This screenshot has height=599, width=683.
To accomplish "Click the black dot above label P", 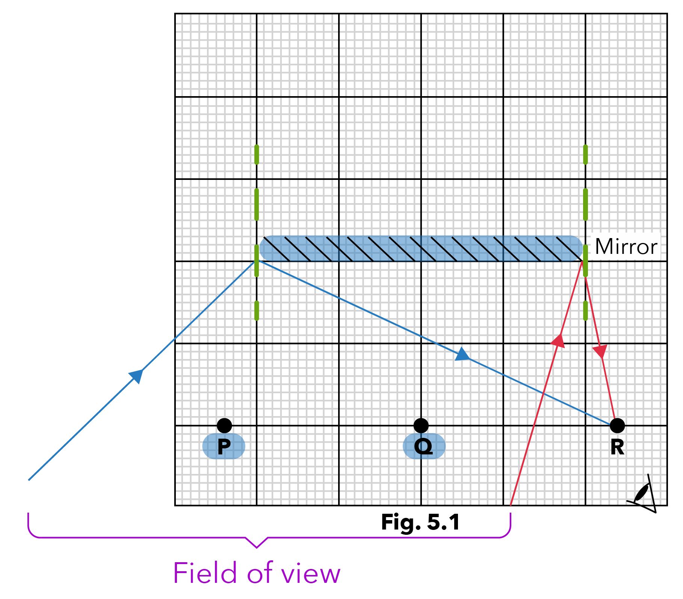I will [224, 425].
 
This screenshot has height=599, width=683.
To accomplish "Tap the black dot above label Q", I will [421, 425].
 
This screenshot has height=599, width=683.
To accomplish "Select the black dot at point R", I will [617, 425].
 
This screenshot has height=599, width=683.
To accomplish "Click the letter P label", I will [224, 447].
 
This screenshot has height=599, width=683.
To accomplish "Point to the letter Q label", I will [423, 447].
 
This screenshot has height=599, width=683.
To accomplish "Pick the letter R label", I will [617, 447].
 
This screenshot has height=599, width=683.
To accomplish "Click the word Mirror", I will [626, 247].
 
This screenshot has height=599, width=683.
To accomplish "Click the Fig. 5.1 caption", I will [420, 522].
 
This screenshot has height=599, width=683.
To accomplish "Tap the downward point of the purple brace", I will [257, 547].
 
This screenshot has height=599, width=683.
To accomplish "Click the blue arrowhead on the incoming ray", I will [136, 376].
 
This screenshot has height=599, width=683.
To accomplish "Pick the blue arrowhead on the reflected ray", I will [462, 355].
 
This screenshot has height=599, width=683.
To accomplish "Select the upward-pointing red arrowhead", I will [558, 341].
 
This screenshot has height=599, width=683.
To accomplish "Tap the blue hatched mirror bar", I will [421, 248].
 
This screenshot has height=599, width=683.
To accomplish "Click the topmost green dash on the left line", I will [257, 154].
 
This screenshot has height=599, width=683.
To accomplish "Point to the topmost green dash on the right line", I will [585, 154].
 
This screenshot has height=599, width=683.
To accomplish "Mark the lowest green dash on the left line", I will [257, 311].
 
